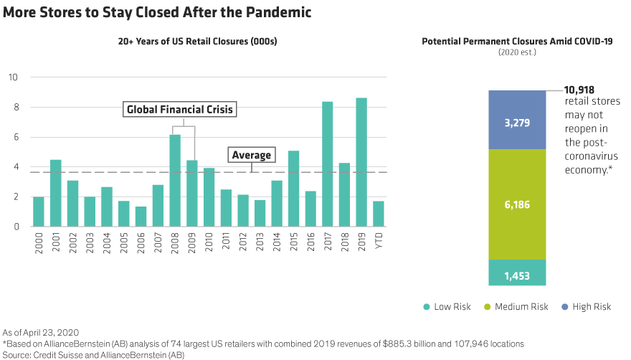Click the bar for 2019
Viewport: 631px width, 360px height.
[362, 162]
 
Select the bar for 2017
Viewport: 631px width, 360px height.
[328, 164]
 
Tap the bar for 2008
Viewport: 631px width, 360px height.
[175, 181]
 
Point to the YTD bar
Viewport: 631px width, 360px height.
[379, 214]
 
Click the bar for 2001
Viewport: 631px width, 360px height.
[56, 193]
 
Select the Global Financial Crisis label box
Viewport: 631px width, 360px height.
[180, 110]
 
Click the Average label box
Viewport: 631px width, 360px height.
[251, 155]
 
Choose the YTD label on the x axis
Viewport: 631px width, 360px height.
[379, 240]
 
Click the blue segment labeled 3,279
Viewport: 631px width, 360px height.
[517, 120]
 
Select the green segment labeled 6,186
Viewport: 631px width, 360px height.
[517, 204]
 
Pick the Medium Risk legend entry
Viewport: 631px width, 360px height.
[520, 306]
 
